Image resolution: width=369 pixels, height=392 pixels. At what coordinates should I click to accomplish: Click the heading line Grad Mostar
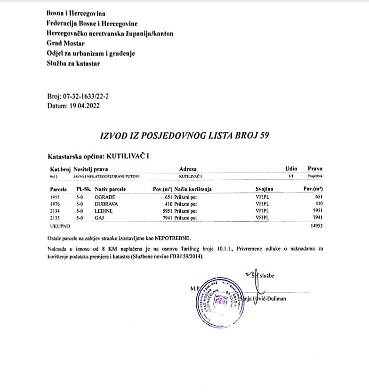[x=65, y=43]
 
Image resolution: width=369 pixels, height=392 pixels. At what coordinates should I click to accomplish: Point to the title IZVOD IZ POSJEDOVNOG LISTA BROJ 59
[x=185, y=136]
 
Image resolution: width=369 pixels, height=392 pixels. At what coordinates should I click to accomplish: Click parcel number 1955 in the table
[x=56, y=197]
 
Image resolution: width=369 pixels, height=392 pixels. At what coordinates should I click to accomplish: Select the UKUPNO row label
[x=59, y=226]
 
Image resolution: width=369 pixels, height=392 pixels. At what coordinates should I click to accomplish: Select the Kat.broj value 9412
[x=54, y=176]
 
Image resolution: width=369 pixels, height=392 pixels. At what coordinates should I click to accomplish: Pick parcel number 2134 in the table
[x=56, y=211]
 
